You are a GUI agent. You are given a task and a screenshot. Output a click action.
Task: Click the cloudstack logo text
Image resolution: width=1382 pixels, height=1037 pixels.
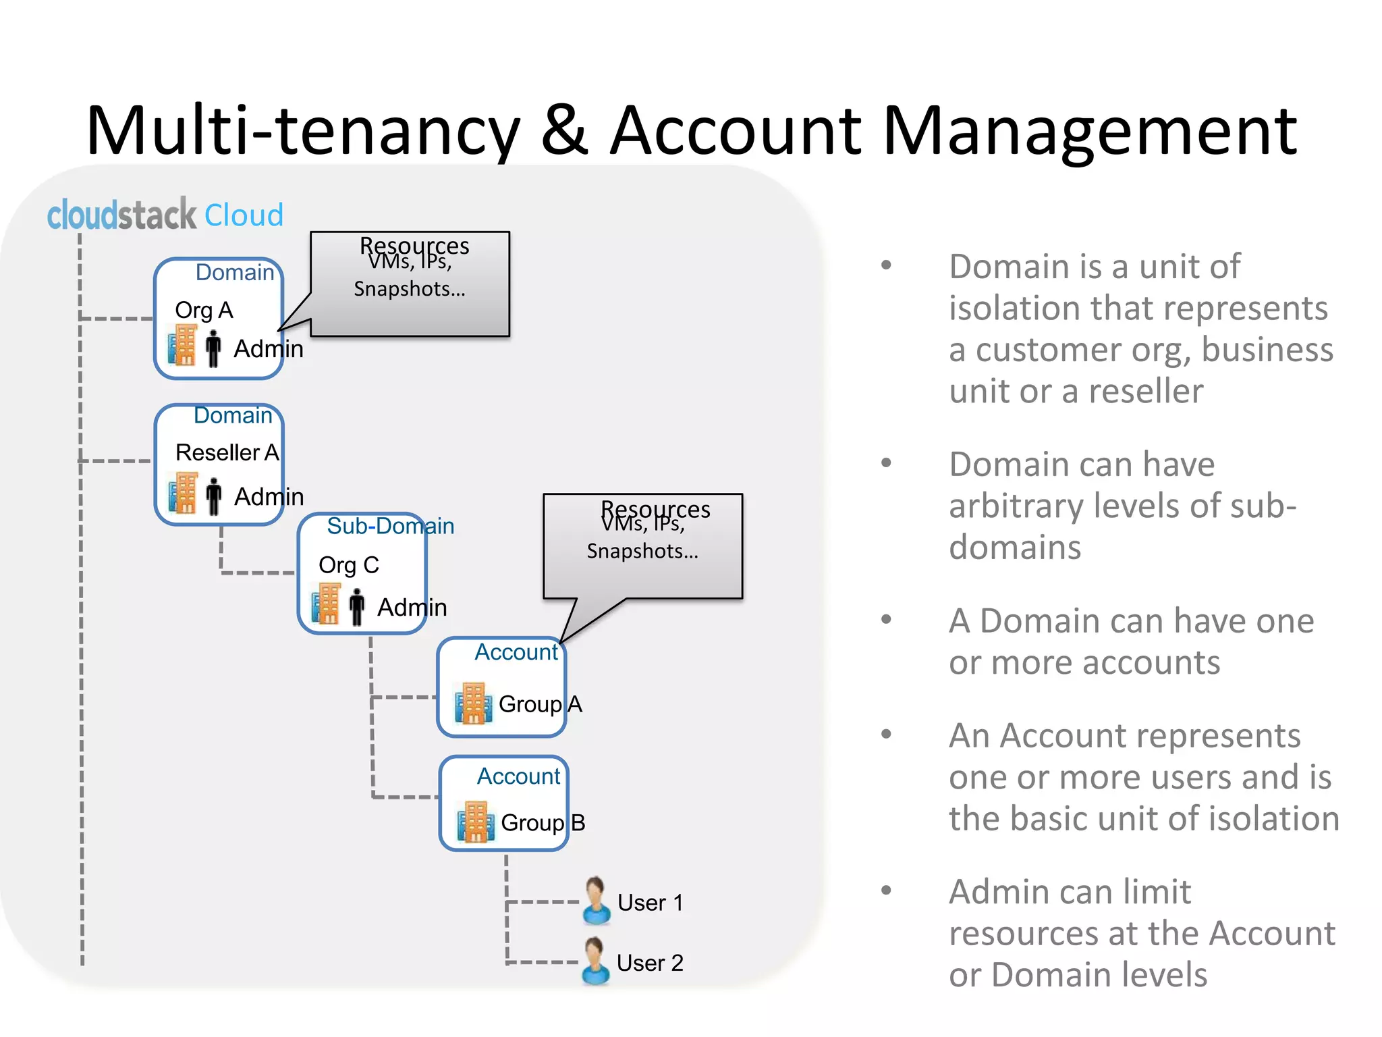pos(121,215)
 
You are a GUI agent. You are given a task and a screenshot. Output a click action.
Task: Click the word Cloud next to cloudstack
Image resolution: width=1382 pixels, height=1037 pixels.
pos(244,215)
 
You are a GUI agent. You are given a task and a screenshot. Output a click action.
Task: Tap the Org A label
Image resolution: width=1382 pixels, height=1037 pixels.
pos(204,310)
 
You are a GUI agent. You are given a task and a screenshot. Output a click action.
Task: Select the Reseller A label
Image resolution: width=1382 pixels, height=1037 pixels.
pos(227,452)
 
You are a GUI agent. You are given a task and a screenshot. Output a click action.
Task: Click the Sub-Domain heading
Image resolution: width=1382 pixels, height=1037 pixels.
pos(390,526)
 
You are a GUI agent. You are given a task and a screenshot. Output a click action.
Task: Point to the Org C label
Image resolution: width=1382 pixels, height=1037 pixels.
pos(348,564)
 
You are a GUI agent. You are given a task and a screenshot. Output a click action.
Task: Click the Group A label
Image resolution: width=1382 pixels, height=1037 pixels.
pos(540,704)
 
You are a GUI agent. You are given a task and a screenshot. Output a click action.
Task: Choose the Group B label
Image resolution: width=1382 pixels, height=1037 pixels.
pos(543,822)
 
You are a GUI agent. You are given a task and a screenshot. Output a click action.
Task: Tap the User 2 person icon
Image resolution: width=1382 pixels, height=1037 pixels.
pos(596,961)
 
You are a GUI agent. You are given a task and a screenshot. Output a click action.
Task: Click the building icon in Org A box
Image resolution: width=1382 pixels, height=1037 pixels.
pos(182,345)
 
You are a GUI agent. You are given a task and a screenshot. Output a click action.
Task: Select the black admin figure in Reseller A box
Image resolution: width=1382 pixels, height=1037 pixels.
pos(214,496)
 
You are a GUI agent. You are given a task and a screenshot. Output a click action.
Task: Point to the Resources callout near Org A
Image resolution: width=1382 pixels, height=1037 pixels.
pos(410,284)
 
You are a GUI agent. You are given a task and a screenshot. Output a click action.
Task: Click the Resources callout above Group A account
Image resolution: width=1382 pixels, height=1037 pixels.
pos(642,546)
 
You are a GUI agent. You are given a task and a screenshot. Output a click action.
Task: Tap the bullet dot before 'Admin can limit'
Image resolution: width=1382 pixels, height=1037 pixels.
pos(886,890)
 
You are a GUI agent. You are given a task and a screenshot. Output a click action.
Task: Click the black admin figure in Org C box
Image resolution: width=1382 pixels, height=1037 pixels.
pos(357,606)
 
